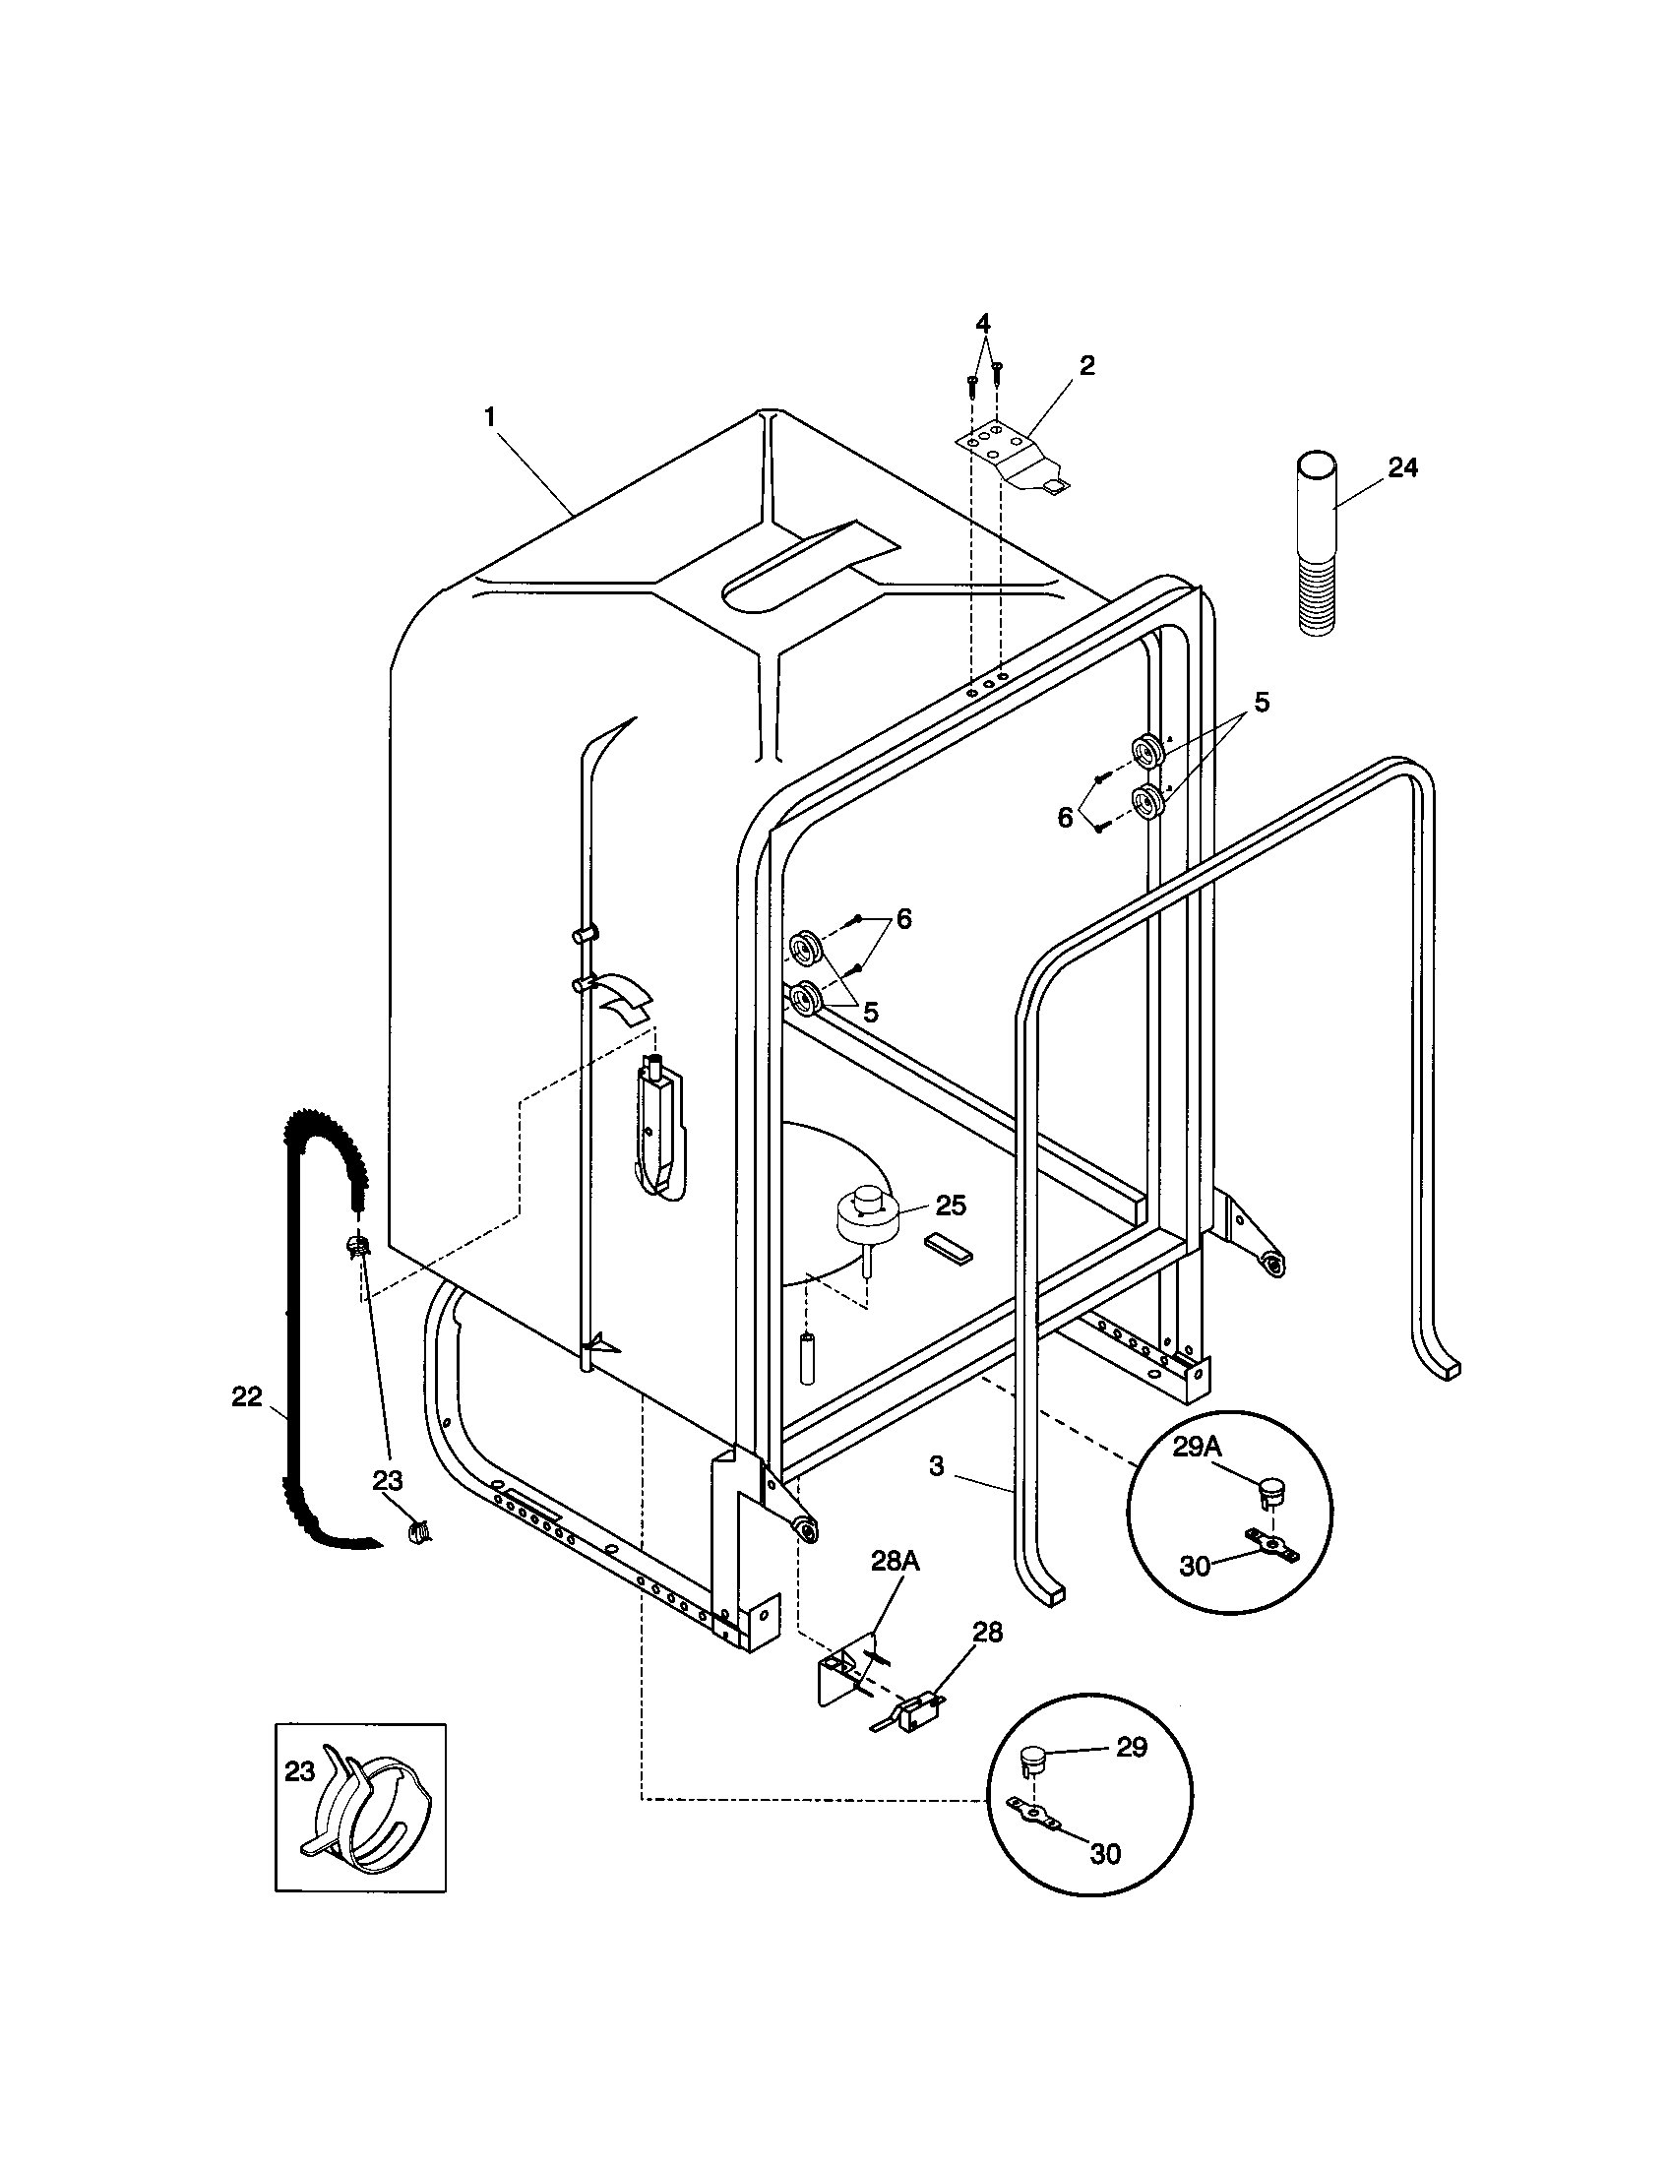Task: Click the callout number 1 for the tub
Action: click(490, 416)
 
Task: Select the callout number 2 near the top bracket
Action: click(1086, 366)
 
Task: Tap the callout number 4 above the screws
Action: click(982, 323)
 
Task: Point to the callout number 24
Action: click(1402, 467)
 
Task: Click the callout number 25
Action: click(951, 1206)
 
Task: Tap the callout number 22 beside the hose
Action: click(247, 1396)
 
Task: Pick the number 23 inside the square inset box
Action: click(299, 1771)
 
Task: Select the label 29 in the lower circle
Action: click(1131, 1747)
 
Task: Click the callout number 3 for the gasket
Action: click(937, 1466)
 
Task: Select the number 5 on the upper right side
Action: click(1261, 702)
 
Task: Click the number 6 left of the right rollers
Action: click(1066, 818)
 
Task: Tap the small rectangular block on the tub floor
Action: click(950, 1247)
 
